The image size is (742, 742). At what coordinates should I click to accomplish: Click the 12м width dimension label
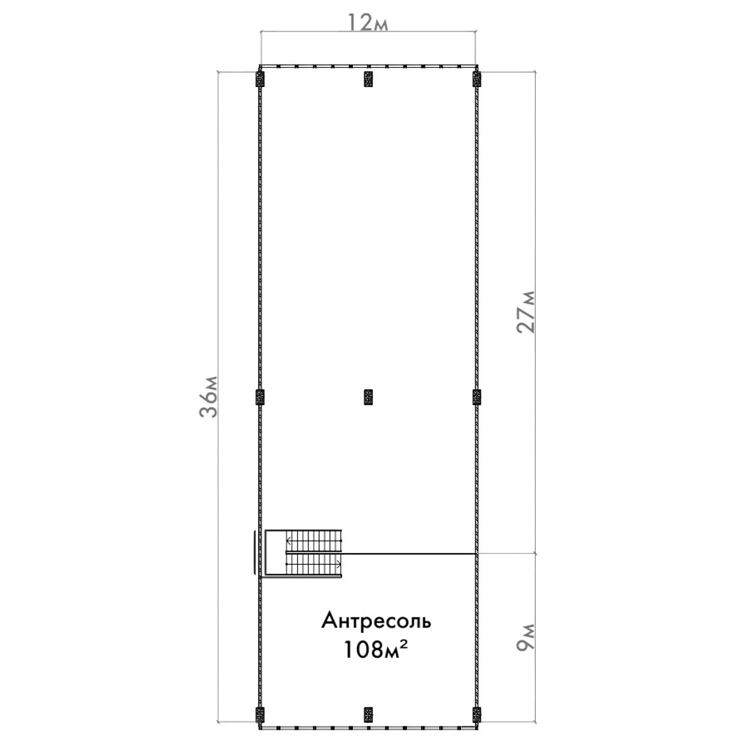(368, 22)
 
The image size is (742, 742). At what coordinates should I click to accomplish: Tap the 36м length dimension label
(208, 397)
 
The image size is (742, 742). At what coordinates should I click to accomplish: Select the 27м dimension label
(525, 312)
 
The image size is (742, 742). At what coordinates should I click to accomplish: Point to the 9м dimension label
(525, 637)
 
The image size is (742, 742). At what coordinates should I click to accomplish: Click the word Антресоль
(376, 620)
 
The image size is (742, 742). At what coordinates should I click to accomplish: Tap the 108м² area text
(375, 650)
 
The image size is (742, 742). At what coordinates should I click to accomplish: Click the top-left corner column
(260, 79)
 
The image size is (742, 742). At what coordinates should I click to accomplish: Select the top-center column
(368, 79)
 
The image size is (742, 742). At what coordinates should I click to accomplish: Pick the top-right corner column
(477, 79)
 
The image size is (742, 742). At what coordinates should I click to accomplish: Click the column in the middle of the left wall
(260, 397)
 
